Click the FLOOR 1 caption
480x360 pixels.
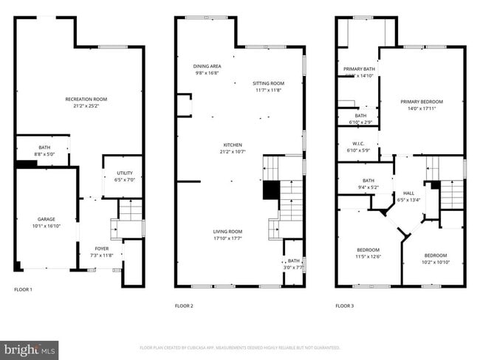[x=24, y=289]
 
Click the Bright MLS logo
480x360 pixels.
[x=30, y=347]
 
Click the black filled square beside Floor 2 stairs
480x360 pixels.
[x=271, y=190]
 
